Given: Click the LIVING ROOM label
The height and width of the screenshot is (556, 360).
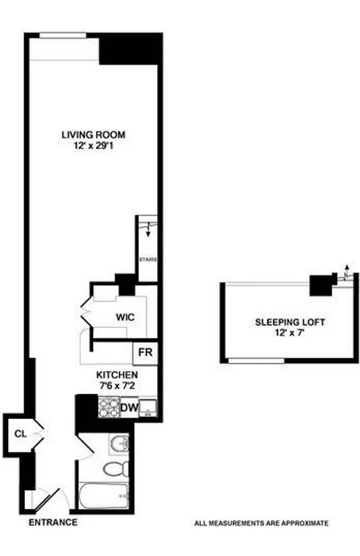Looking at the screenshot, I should click(x=93, y=135).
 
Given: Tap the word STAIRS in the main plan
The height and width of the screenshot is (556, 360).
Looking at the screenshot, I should click(x=147, y=260).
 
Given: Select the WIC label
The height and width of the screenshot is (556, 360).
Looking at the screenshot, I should click(x=125, y=316).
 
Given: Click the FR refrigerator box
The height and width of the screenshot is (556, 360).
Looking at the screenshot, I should click(x=145, y=352).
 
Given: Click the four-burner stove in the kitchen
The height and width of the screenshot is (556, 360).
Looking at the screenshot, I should click(x=108, y=407).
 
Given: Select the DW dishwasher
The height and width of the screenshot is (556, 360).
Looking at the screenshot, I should click(x=129, y=407).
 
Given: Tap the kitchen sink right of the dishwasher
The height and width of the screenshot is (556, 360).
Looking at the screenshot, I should click(x=147, y=408).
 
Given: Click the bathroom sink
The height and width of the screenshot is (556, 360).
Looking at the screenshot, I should click(x=118, y=443).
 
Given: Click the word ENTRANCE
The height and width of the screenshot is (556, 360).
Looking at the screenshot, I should click(x=53, y=523).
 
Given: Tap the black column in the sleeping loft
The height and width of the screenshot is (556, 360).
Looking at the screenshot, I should click(x=320, y=285).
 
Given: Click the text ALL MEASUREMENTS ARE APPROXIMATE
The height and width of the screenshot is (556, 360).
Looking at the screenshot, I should click(x=261, y=523).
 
